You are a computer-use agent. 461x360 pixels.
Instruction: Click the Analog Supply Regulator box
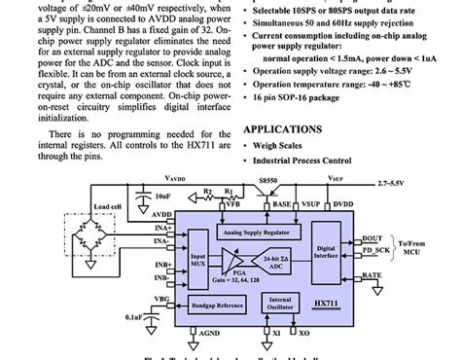257,232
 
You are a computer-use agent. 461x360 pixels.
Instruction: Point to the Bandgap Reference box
217,306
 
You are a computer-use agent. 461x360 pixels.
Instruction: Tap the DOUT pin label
371,237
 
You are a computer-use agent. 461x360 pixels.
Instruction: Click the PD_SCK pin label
375,250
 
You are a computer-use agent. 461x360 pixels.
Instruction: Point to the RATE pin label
371,277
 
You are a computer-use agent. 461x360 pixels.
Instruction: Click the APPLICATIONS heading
282,128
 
